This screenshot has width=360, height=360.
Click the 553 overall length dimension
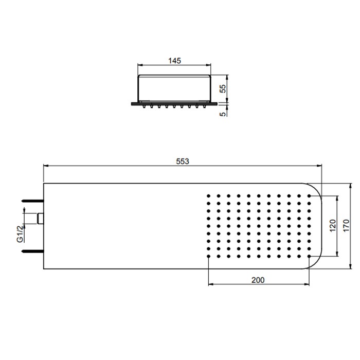183,161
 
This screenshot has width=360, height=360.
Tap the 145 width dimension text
175,61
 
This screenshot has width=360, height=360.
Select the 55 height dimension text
223,88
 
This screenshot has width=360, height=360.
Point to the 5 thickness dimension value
223,114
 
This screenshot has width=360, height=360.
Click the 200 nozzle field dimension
258,280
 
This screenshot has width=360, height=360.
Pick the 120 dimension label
333,226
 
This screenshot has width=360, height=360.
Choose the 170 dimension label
346,226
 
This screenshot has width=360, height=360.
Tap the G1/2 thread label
20,233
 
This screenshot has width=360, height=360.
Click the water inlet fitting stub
41,219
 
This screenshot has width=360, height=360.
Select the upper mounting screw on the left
32,201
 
